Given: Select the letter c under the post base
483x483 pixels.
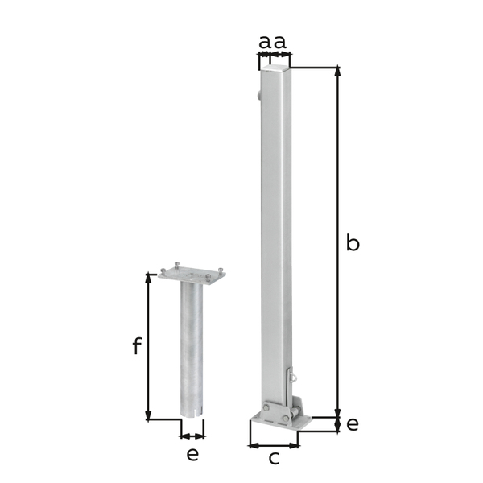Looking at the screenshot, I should (x=274, y=459).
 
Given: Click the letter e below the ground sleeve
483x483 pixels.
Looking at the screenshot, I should (x=192, y=454).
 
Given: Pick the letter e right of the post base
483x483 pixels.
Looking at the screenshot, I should (x=353, y=423).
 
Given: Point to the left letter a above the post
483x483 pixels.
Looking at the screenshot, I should (x=264, y=41).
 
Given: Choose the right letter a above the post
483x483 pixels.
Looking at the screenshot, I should (x=279, y=41).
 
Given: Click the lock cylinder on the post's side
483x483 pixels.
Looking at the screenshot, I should (x=257, y=96).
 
